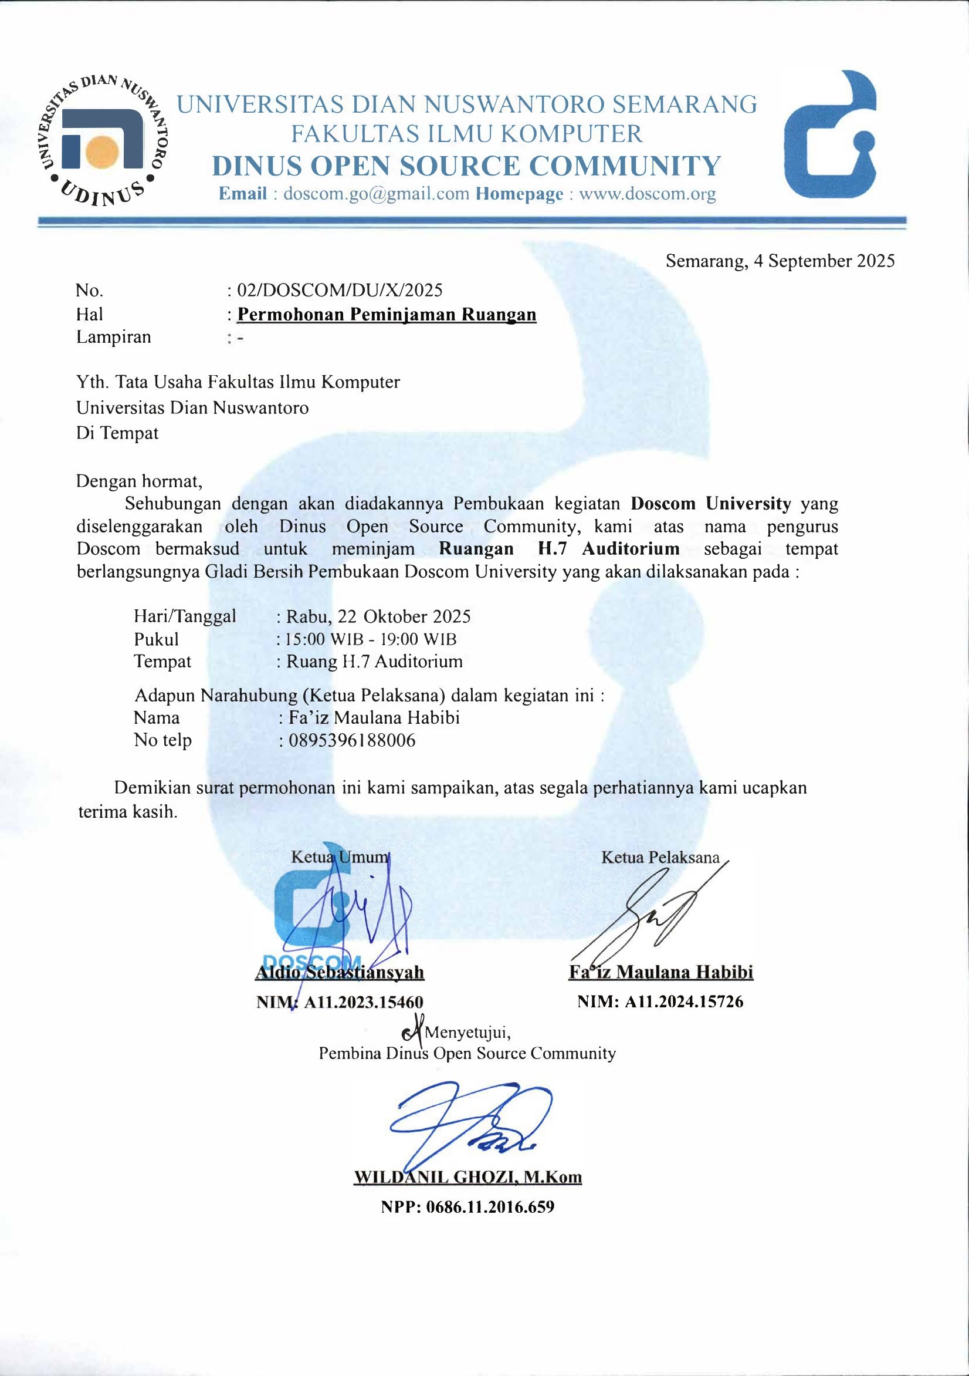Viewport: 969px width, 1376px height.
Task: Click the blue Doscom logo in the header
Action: [831, 136]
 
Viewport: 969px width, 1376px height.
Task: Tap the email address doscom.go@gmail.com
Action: [375, 194]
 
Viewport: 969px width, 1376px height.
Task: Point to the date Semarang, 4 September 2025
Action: [780, 261]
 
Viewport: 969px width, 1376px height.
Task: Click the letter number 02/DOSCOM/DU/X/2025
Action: [340, 291]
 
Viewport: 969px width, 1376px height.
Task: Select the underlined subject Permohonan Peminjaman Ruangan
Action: [387, 315]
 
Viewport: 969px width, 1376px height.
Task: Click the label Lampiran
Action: [113, 338]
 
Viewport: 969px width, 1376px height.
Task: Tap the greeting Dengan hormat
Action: [139, 481]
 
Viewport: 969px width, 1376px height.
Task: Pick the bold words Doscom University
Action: [711, 504]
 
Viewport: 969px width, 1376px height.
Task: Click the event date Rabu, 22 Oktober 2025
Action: [378, 617]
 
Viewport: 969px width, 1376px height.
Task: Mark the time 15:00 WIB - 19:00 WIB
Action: [371, 639]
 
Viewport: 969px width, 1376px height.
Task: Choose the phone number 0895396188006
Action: [351, 741]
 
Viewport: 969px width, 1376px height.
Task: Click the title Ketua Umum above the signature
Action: [340, 857]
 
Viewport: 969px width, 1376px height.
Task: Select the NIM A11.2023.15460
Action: [363, 1002]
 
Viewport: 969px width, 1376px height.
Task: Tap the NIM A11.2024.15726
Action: [683, 1001]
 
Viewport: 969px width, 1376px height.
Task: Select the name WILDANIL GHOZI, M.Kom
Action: [467, 1177]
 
